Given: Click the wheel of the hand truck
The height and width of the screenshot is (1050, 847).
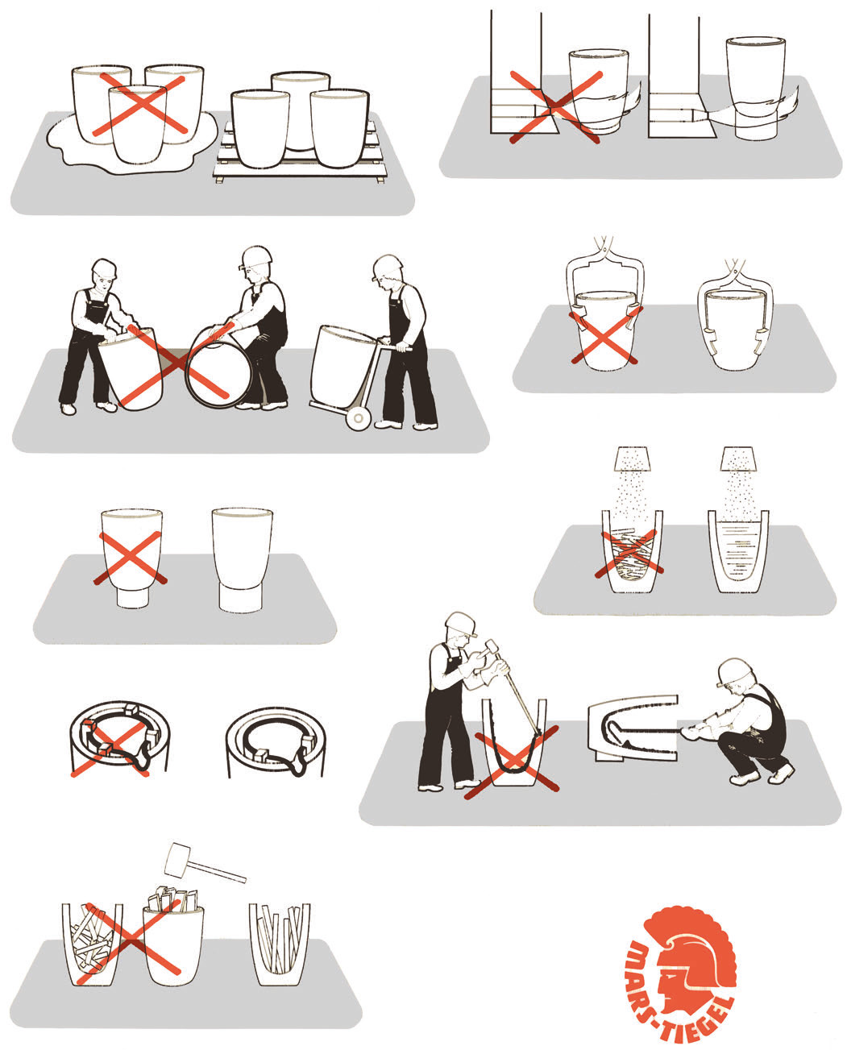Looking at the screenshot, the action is point(358,419).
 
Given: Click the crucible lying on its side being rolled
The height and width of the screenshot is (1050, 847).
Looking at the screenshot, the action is point(218,366).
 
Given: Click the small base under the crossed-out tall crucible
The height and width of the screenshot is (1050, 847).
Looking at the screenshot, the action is point(133,597).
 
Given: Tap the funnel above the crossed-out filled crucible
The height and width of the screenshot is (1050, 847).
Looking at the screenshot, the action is point(633,459).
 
